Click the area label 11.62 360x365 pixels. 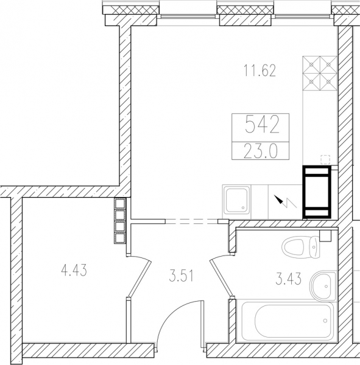(259, 71)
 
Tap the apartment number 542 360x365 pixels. (262, 125)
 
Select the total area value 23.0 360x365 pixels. (261, 151)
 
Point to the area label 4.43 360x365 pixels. (74, 271)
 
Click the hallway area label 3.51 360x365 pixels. (181, 276)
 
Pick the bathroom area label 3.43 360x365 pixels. (288, 279)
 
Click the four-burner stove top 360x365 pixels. (320, 73)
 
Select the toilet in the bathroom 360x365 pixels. (300, 247)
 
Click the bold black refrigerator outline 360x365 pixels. (317, 192)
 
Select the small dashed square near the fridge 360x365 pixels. (325, 159)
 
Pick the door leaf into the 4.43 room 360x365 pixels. (139, 279)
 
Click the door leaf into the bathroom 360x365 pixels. (221, 279)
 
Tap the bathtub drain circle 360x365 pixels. (325, 321)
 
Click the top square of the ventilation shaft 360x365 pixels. (120, 204)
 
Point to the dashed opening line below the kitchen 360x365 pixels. (192, 221)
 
